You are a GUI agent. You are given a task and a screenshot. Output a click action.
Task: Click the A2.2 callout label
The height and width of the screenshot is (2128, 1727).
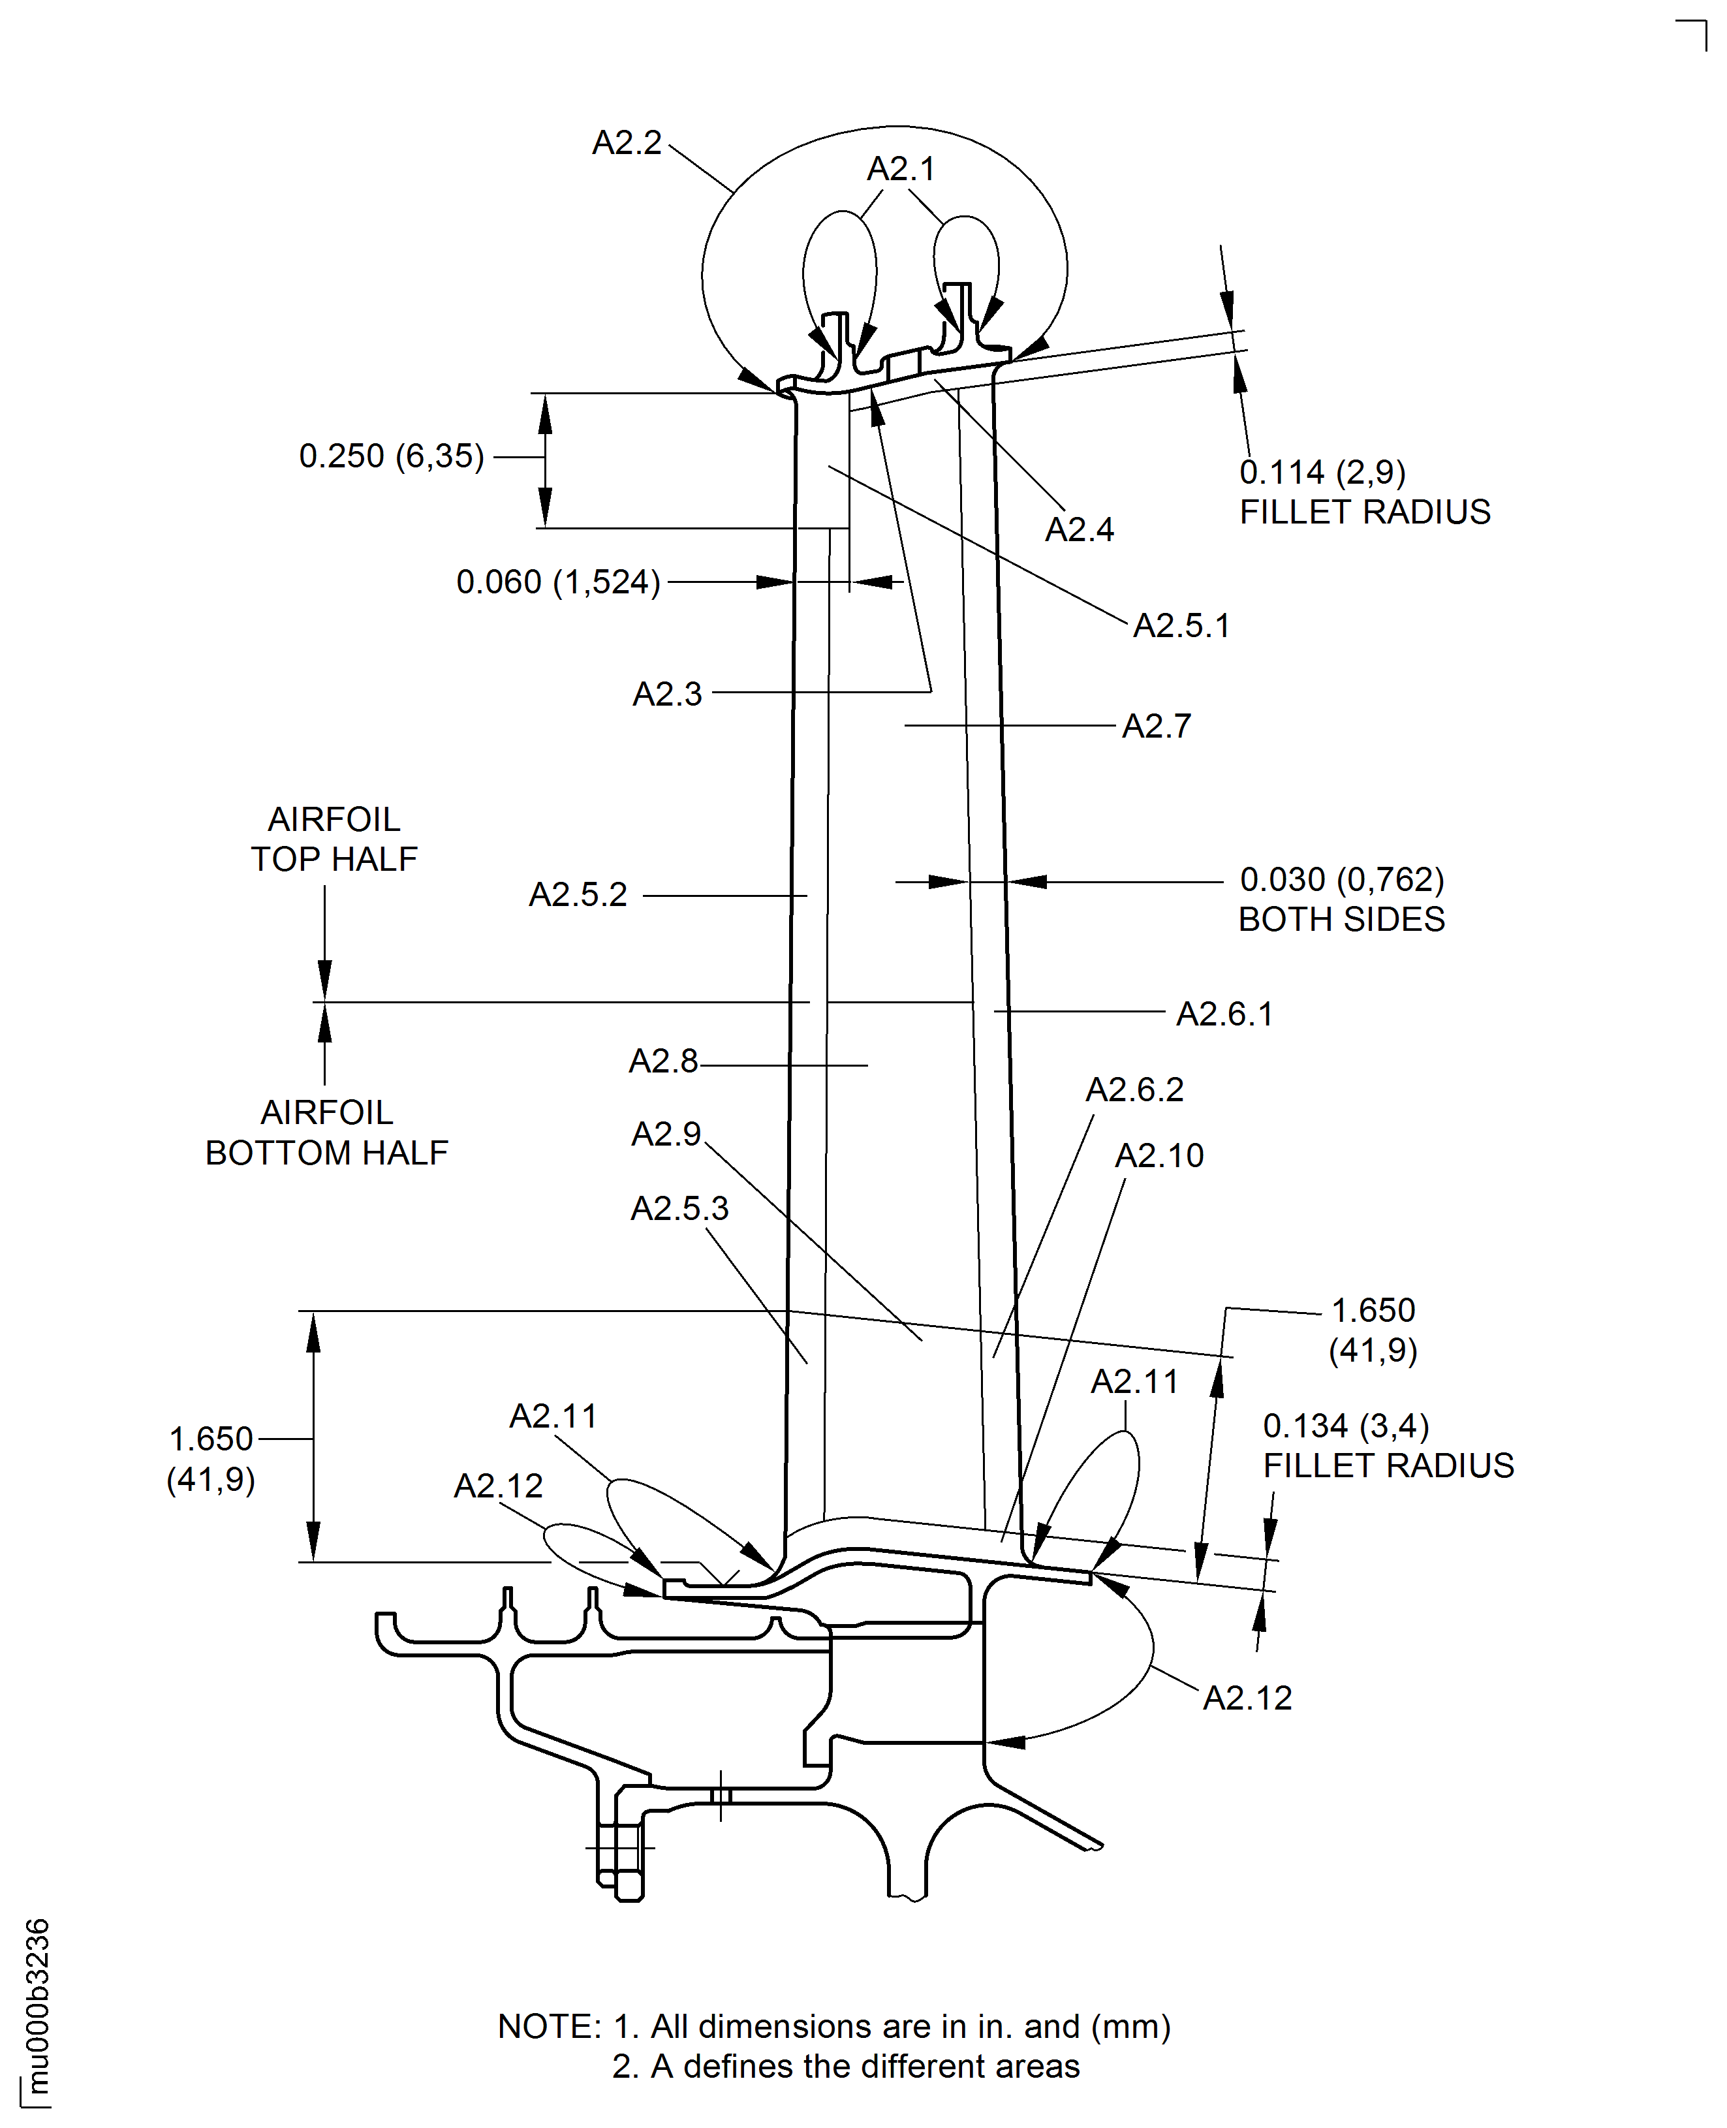(x=627, y=143)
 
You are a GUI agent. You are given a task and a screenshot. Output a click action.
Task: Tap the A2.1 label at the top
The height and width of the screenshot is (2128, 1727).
(x=901, y=169)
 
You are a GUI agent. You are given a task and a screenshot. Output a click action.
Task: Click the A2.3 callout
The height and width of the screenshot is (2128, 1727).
(x=668, y=693)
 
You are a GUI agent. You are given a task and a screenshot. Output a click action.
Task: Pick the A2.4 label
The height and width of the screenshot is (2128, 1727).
(x=1080, y=529)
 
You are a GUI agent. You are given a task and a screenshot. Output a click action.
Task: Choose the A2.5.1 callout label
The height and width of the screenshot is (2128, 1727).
(x=1182, y=626)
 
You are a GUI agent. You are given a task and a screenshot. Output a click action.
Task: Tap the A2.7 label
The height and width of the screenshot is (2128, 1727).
(x=1157, y=727)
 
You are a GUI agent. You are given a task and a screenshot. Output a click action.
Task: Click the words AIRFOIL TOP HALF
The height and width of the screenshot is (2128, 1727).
(x=334, y=839)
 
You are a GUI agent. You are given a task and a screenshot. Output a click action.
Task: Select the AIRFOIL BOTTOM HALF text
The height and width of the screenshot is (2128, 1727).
(x=326, y=1132)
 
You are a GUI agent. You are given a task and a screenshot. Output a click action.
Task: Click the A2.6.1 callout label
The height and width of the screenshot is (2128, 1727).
(x=1224, y=1014)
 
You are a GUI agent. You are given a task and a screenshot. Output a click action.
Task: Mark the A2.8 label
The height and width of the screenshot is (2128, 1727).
(x=664, y=1061)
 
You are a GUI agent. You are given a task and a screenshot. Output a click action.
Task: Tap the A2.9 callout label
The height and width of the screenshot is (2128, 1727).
(x=666, y=1134)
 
